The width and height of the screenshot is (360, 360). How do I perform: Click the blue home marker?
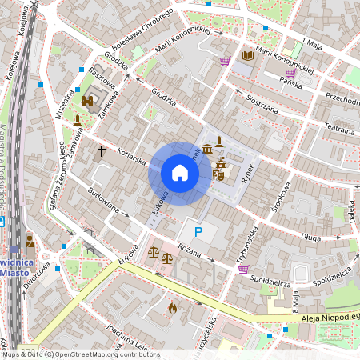(x=179, y=173)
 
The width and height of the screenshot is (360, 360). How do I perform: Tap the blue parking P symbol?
(x=198, y=233)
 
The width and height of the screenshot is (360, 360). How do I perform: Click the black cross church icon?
(x=102, y=150)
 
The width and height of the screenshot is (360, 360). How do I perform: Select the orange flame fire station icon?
(x=172, y=306)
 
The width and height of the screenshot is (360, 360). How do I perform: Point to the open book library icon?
(x=248, y=55)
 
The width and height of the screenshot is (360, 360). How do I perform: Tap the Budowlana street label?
(x=104, y=204)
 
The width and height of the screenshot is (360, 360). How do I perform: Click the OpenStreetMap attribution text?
(x=80, y=354)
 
